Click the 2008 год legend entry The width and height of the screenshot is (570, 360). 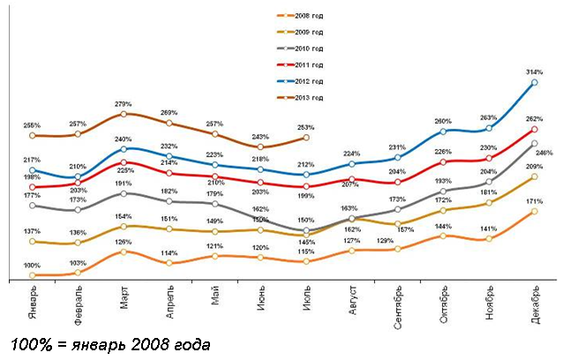point(310,15)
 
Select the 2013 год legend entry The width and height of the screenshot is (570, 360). point(310,97)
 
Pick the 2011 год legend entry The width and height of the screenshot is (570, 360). point(310,64)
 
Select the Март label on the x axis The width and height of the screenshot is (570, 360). point(124,301)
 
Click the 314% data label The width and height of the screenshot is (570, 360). point(536,71)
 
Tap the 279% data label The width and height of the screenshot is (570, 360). point(124,103)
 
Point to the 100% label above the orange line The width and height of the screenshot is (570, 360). point(32,266)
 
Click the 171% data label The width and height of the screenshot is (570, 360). point(534,202)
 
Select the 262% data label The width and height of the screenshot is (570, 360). point(534,118)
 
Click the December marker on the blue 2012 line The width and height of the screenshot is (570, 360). point(535,83)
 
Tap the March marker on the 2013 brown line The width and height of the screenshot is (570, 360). point(124,114)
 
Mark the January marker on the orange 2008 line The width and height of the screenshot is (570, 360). point(32,275)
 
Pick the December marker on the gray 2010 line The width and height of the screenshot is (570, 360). point(535,143)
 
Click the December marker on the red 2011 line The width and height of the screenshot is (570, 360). point(535,130)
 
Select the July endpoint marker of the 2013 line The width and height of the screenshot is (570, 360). point(306,137)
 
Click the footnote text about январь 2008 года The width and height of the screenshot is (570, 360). point(110,342)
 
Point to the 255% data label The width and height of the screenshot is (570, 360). point(32,125)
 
